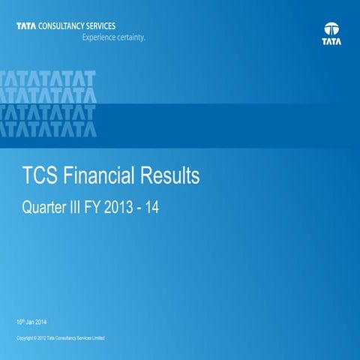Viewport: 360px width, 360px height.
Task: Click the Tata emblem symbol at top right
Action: (331, 31)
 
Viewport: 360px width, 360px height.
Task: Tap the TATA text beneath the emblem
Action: (331, 43)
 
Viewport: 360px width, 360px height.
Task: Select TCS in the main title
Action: (40, 177)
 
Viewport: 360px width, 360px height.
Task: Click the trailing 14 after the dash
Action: (154, 205)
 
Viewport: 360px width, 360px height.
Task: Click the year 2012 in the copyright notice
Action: (43, 339)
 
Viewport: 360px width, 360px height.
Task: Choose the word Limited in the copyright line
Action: (97, 339)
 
